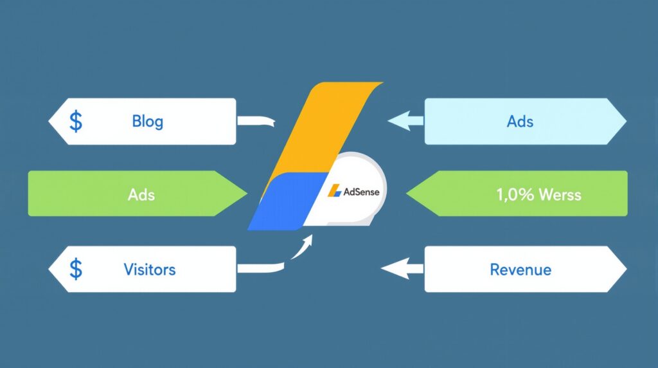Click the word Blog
tap(147, 121)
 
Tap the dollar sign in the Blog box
tap(76, 121)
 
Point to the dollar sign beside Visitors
tap(76, 269)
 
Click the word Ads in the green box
tap(141, 194)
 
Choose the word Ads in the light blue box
tap(520, 121)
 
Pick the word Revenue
tap(520, 269)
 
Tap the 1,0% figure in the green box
tap(514, 194)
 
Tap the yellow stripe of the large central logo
tap(321, 129)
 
